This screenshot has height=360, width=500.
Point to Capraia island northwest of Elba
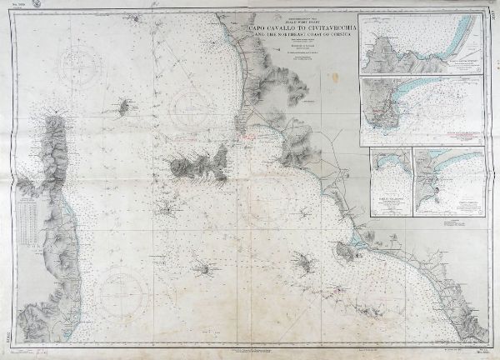[128, 107]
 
